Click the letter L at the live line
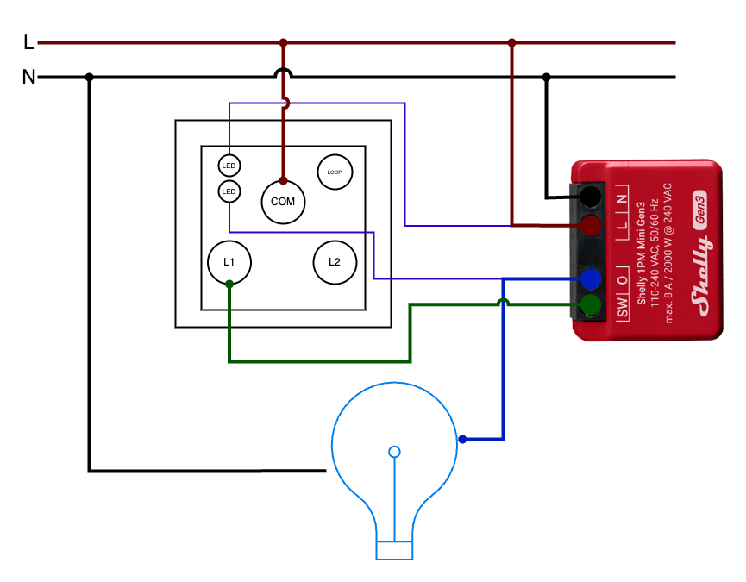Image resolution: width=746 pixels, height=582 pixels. click(28, 43)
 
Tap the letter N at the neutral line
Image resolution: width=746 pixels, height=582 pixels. click(28, 77)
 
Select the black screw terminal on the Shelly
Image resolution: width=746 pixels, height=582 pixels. click(591, 197)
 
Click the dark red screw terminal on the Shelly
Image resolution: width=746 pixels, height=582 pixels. click(591, 225)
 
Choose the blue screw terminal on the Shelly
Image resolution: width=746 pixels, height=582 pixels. click(591, 278)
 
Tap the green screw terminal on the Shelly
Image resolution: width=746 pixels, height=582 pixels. click(591, 304)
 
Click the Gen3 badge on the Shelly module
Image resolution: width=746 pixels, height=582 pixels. click(699, 210)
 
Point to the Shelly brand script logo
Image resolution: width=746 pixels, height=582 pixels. click(702, 276)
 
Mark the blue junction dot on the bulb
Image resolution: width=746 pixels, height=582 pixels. click(462, 440)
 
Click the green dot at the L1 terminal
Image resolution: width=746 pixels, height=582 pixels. click(229, 285)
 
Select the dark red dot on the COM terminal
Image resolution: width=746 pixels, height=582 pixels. click(283, 181)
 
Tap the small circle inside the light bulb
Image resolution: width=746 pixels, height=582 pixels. click(394, 452)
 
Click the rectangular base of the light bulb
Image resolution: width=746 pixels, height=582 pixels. click(394, 550)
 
